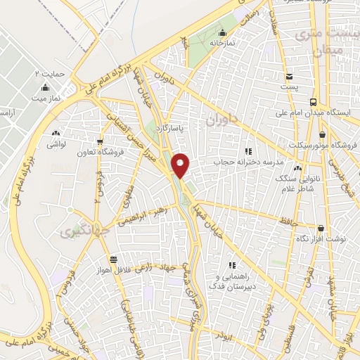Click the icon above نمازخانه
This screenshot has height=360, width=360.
[222, 32]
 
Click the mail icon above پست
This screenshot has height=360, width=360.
[289, 76]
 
